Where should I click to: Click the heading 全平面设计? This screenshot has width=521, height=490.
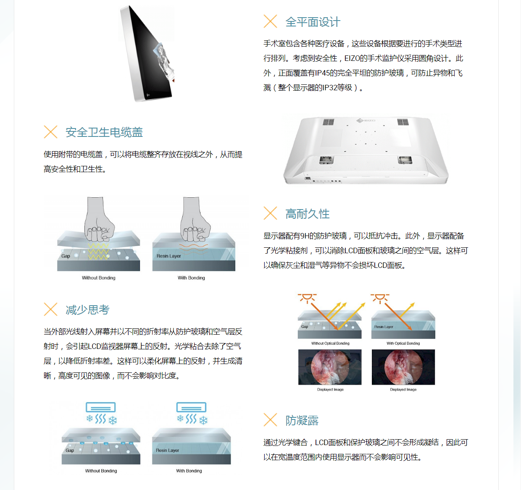pos(313,22)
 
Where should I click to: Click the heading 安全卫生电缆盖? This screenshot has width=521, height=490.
pos(104,132)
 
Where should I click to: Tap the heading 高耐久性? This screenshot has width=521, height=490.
pos(308,214)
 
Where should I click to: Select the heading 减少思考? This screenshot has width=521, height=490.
pos(87,309)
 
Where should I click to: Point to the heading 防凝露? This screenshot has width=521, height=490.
pos(302,420)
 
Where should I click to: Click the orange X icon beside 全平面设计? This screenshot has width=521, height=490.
pos(270,21)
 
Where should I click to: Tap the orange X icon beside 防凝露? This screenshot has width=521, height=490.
pos(270,419)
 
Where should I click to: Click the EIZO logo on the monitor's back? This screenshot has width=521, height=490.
pos(366,121)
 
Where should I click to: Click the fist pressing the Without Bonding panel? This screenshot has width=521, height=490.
pos(99,220)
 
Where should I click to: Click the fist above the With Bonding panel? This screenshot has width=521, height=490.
pos(195,220)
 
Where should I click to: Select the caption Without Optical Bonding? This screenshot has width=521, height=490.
pos(330,343)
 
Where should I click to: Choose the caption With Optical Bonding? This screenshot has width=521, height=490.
pos(403,343)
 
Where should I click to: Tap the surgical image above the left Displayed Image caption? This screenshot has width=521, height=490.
pos(330,367)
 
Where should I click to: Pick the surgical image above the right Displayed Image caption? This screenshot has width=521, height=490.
pos(403,367)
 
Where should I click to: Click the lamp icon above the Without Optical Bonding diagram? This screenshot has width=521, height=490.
pos(307,299)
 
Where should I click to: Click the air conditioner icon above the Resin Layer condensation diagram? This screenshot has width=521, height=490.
pos(191,407)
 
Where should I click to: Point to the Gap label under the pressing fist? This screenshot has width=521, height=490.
pos(66,256)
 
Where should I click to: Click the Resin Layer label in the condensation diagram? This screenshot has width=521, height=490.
pos(167,450)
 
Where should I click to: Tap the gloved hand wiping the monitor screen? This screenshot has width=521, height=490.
pos(164,62)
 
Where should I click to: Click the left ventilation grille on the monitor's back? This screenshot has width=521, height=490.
pos(328,122)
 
